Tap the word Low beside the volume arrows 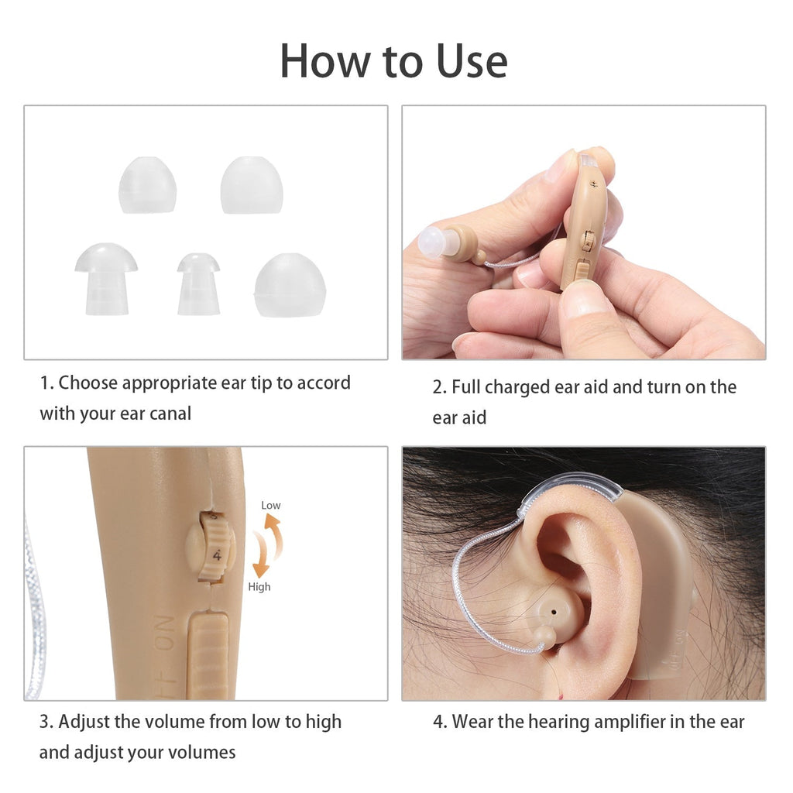click(270, 505)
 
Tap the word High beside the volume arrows click(259, 587)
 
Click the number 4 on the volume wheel click(217, 556)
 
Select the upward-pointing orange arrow click(275, 535)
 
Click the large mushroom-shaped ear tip click(106, 278)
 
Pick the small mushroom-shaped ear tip click(199, 283)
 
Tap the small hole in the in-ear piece click(554, 612)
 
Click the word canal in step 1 click(170, 414)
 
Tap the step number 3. click(46, 723)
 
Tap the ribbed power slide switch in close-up click(208, 655)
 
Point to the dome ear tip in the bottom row click(290, 285)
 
